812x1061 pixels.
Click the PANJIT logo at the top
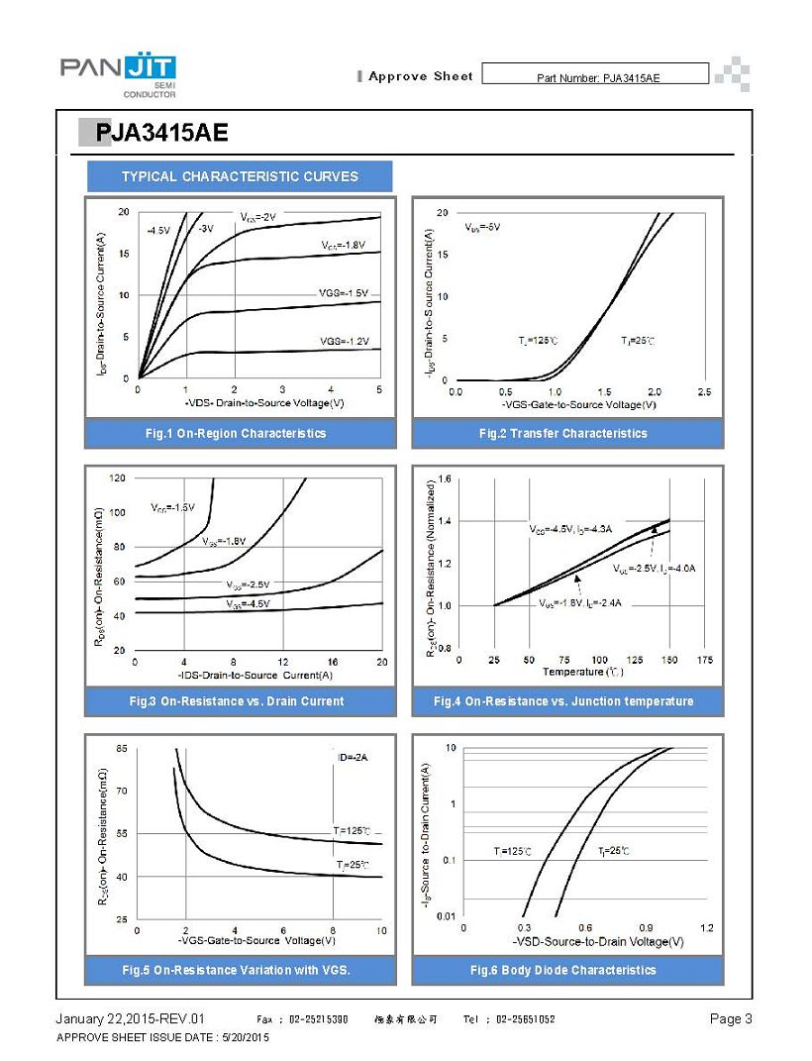(118, 75)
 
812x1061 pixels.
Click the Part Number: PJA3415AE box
(597, 77)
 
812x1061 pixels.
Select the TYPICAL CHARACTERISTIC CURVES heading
(240, 177)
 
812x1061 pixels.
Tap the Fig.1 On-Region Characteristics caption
(236, 434)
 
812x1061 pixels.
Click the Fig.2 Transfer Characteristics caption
(562, 434)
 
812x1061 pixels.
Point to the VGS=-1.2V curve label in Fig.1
(344, 342)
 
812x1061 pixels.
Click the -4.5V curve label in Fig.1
(158, 230)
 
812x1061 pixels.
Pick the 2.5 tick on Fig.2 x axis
(704, 393)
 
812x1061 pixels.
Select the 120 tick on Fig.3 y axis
(117, 478)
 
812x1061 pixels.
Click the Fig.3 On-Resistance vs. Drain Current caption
(237, 701)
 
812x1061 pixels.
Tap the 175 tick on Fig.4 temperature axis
(705, 660)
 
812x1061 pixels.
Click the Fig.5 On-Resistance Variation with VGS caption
(237, 970)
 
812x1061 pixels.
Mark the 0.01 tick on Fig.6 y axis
(446, 916)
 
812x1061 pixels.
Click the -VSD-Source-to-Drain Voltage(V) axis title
(584, 941)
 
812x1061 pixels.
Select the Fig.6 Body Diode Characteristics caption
(562, 970)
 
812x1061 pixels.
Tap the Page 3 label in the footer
(731, 1019)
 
